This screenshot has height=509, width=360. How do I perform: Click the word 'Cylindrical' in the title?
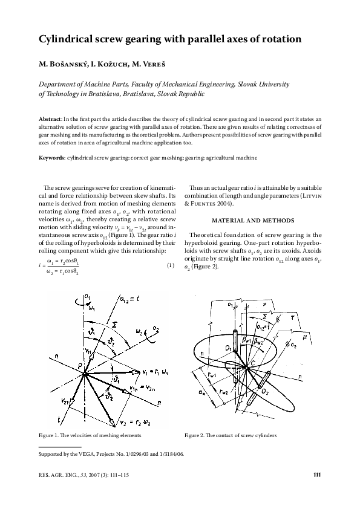tap(67, 40)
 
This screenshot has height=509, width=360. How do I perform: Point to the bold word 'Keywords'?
tap(53, 158)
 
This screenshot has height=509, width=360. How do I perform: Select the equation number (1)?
tap(170, 265)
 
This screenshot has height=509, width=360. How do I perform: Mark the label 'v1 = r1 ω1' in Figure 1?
tap(156, 370)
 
